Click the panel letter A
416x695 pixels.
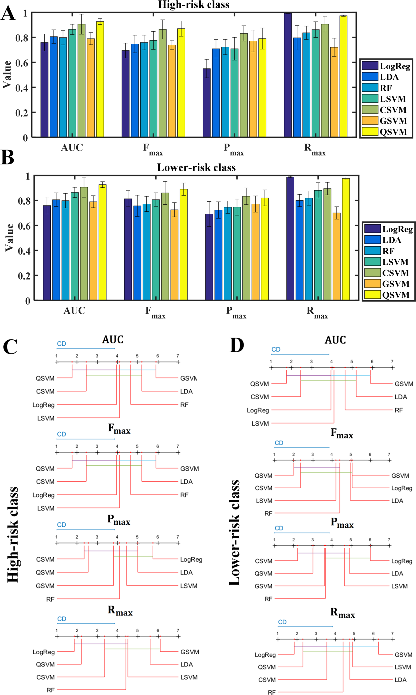pos(8,13)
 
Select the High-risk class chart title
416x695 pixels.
pos(193,5)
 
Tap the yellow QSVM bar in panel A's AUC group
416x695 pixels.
pos(100,79)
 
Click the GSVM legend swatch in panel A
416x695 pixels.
pos(370,121)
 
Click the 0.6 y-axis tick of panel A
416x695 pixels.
pos(22,63)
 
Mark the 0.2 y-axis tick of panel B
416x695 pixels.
pos(24,276)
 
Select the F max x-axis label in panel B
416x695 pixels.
pos(155,312)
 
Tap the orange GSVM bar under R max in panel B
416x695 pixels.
pos(336,256)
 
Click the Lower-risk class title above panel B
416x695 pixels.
pos(196,168)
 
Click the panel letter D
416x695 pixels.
pos(237,345)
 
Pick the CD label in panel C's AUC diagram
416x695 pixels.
pos(61,344)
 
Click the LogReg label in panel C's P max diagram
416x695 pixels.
pos(191,560)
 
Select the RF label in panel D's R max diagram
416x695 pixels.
pos(272,692)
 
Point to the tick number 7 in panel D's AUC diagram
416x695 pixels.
pos(392,361)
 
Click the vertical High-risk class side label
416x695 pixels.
pos(13,535)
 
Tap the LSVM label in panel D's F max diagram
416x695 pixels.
pos(264,501)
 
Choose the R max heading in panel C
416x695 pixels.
pos(120,610)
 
